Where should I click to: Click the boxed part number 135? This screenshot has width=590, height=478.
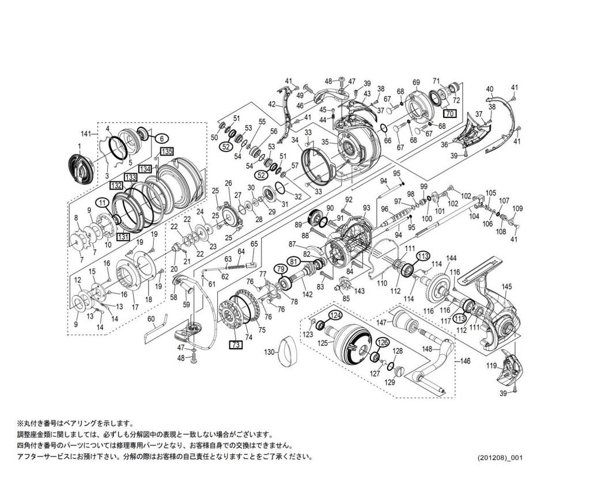pyautogui.click(x=167, y=151)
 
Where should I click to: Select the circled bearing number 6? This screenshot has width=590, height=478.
pyautogui.click(x=161, y=138)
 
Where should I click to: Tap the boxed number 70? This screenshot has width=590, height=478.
pyautogui.click(x=449, y=113)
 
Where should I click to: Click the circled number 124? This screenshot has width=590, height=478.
pyautogui.click(x=335, y=315)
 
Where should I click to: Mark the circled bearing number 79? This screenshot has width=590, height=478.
pyautogui.click(x=280, y=268)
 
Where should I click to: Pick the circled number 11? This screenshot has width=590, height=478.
pyautogui.click(x=102, y=202)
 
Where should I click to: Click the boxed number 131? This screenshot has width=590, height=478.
pyautogui.click(x=122, y=236)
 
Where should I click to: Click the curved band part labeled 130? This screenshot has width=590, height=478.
pyautogui.click(x=286, y=352)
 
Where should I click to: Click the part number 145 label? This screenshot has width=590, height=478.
pyautogui.click(x=506, y=286)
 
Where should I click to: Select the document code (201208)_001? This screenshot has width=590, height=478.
pyautogui.click(x=499, y=458)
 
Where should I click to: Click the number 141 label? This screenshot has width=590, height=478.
pyautogui.click(x=86, y=134)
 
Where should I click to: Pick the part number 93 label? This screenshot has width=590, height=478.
pyautogui.click(x=366, y=207)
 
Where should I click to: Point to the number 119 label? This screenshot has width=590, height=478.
pyautogui.click(x=491, y=365)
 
